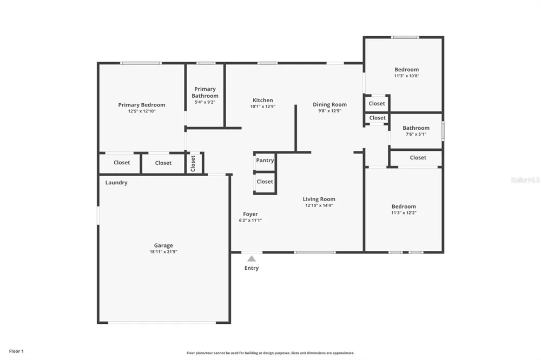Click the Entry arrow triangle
(252, 258)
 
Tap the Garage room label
(163, 245)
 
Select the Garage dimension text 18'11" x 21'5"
(163, 252)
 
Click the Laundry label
(116, 183)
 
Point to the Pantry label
(265, 161)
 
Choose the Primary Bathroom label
(205, 92)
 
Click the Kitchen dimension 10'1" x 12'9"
(263, 106)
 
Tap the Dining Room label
(330, 104)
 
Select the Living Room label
(319, 199)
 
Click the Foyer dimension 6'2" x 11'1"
(250, 221)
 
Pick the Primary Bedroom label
(142, 105)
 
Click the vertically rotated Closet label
(193, 163)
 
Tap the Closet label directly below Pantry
(265, 182)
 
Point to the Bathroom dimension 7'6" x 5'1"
(416, 134)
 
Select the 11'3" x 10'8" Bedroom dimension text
(407, 76)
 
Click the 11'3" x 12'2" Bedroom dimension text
(404, 213)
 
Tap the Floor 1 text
(16, 351)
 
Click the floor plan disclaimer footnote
(270, 353)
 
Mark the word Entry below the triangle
(252, 268)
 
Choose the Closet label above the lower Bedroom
(418, 158)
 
